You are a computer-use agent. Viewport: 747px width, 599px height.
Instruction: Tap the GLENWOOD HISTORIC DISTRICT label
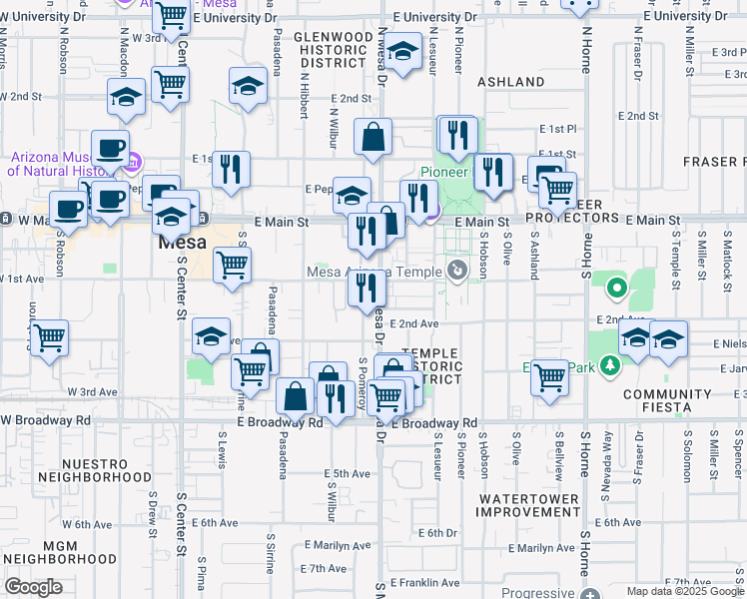point(333,50)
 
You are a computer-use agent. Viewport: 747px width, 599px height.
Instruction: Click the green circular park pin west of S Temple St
point(617,291)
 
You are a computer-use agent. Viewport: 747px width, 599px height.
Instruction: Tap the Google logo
point(33,587)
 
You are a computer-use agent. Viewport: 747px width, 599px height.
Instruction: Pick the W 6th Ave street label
point(87,524)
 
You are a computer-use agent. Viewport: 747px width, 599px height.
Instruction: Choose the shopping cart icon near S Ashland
point(549,377)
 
